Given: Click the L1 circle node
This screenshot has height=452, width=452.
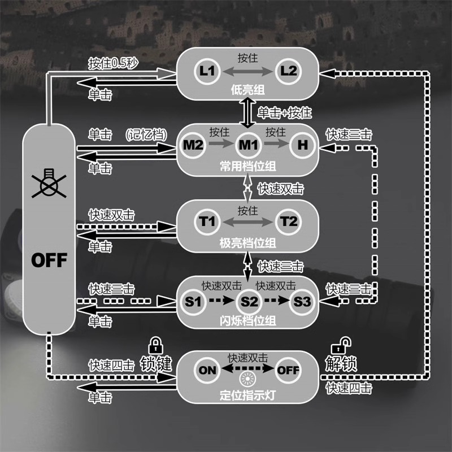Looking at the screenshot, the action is click(x=207, y=72).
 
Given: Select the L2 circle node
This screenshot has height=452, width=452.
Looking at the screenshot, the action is click(x=288, y=72).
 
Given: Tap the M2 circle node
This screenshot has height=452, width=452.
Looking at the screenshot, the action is click(x=193, y=145).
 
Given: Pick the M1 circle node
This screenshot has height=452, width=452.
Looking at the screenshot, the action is click(x=247, y=145).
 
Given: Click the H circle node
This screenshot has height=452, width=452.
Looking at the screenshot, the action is click(x=303, y=145).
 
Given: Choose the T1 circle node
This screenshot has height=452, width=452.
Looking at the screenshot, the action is click(x=207, y=221).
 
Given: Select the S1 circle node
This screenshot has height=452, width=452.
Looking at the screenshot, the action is click(x=193, y=301).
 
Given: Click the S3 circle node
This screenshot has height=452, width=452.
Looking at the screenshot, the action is click(x=303, y=301).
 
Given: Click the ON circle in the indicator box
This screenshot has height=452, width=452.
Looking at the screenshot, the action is click(x=208, y=371).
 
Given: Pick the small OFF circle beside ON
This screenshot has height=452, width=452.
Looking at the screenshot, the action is click(x=288, y=371).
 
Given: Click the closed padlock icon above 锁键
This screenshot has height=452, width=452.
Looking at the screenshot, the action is click(x=155, y=345).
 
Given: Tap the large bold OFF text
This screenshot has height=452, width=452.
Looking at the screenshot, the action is click(x=49, y=260).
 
